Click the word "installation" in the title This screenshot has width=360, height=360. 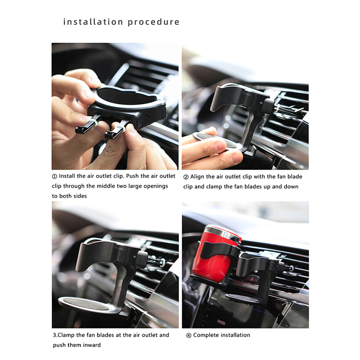point(93,22)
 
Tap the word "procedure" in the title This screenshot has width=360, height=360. point(153,22)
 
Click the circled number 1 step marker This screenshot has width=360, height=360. point(54,176)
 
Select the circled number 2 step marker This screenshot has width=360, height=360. point(186,177)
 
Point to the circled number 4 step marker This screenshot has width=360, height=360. point(189,335)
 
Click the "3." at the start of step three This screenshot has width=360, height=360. point(55,335)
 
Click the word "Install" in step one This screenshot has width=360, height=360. point(67,176)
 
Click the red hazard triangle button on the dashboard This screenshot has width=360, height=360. point(252,279)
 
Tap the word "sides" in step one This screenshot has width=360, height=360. point(80,196)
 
